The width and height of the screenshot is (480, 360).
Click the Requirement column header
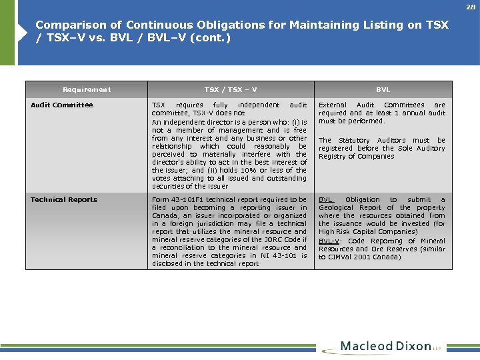pyautogui.click(x=87, y=90)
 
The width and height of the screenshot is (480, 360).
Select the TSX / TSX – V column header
pyautogui.click(x=231, y=90)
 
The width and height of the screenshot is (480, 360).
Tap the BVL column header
pyautogui.click(x=383, y=90)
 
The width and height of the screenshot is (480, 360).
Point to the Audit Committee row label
pyautogui.click(x=62, y=105)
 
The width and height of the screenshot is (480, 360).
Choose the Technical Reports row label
pyautogui.click(x=64, y=200)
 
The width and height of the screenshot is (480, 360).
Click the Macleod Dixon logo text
pyautogui.click(x=386, y=347)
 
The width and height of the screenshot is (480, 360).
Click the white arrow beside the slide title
pyautogui.click(x=25, y=31)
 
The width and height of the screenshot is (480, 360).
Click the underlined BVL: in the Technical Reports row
pyautogui.click(x=327, y=200)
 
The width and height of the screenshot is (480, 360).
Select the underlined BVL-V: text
pyautogui.click(x=331, y=241)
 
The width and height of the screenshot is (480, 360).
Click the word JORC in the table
pyautogui.click(x=274, y=240)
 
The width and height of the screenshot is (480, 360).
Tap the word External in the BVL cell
pyautogui.click(x=333, y=105)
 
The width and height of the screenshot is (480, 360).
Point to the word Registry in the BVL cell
pyautogui.click(x=333, y=157)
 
